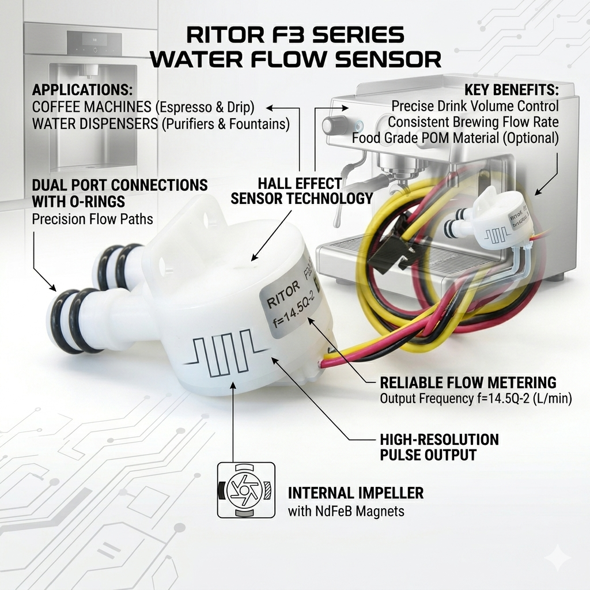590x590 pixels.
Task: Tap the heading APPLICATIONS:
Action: (x=82, y=90)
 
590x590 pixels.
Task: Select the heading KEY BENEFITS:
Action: (x=511, y=90)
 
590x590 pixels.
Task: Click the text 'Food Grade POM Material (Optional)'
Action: (x=455, y=138)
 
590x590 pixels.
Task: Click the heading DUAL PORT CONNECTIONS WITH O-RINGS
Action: (x=120, y=194)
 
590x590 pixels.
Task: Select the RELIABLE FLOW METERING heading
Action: (x=468, y=383)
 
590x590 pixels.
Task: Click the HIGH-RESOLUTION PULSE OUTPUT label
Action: (x=439, y=447)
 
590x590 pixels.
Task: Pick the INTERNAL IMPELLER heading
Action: (x=355, y=493)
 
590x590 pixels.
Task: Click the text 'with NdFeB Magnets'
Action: (x=346, y=511)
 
